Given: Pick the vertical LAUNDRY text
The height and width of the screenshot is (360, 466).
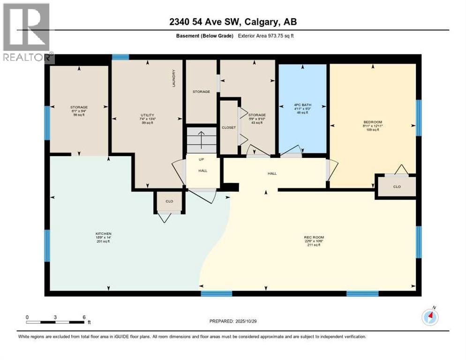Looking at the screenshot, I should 173,78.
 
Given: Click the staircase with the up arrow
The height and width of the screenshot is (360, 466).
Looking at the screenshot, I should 201,139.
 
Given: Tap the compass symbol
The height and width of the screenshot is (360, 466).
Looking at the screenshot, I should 430,317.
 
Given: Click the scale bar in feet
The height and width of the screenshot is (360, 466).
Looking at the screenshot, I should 55,322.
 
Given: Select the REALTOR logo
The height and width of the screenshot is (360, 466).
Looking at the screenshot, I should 27,33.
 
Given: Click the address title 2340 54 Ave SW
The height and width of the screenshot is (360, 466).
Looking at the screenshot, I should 233,22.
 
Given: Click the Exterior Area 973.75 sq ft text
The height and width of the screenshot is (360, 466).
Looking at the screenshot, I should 266,36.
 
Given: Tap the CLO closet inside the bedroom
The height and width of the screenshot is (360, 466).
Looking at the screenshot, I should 397,186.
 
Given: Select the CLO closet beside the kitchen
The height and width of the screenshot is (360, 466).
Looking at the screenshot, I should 169,202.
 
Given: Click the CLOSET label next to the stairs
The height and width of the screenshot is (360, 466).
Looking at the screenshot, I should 229,127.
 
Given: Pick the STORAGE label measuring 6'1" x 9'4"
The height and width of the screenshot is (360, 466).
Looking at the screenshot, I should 79,110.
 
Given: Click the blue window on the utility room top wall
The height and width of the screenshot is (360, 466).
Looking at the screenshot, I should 120,57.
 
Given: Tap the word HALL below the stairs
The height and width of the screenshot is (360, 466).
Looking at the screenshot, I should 203,171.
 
